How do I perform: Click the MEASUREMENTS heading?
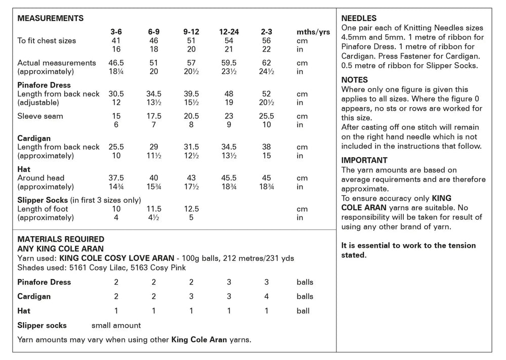coord(51,18)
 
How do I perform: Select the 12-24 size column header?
coord(229,32)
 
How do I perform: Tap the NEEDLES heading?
coord(359,18)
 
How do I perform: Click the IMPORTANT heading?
coord(364,160)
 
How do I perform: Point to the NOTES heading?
coord(355,80)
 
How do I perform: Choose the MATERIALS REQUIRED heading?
coord(61,239)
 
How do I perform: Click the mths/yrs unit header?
coord(313,32)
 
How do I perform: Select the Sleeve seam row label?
coord(40,116)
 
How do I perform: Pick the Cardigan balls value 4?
coord(267,296)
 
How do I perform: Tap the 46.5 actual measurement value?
coord(116,63)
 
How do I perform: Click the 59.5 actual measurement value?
coord(229,63)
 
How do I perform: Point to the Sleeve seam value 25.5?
coord(267,116)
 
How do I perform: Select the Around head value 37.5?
coord(116,178)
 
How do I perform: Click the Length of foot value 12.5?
coord(191,209)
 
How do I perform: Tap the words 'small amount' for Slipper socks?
coord(116,326)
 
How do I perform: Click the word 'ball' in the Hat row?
coord(303,311)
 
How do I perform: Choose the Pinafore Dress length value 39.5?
coord(191,94)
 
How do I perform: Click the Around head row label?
coord(41,178)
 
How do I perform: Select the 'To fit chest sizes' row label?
coord(47,40)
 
